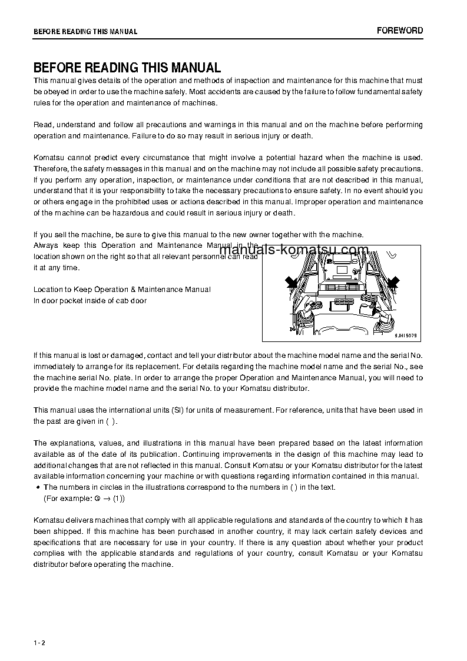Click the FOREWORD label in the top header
399,31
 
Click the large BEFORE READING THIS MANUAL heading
127,68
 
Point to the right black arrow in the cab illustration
392,283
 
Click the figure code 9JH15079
405,336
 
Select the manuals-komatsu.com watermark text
294,250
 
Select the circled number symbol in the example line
97,499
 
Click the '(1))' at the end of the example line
118,499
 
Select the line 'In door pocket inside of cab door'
90,301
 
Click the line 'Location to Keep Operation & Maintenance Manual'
122,290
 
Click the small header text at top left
85,32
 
